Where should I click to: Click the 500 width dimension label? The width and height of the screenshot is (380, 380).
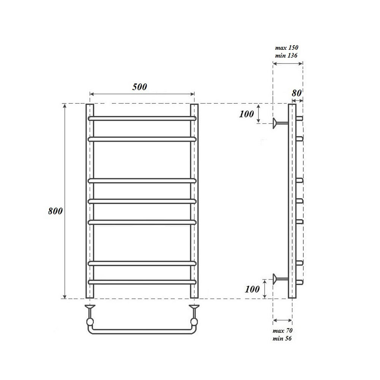[x=139, y=87]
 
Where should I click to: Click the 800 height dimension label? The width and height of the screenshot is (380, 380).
[x=55, y=211]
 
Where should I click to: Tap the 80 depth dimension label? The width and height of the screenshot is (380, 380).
[x=297, y=93]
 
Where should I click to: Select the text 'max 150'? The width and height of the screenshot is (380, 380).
[x=287, y=47]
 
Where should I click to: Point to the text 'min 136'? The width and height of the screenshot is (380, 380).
[x=286, y=55]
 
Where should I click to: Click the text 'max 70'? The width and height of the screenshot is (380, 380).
[x=282, y=331]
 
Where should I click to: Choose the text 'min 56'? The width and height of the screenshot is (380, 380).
[x=282, y=338]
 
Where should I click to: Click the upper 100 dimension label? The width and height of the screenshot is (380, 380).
[x=247, y=114]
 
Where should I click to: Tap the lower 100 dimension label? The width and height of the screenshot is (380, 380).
[x=252, y=289]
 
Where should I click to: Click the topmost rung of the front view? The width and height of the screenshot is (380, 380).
[x=142, y=119]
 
